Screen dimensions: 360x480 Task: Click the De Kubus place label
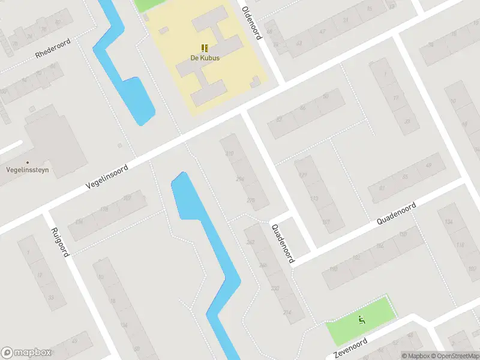(205, 58)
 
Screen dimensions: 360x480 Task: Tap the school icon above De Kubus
(205, 47)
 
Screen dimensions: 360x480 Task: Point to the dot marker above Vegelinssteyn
(27, 162)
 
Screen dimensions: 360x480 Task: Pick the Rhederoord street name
(53, 47)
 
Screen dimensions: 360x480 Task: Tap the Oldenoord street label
(251, 23)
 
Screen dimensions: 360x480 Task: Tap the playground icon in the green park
(361, 319)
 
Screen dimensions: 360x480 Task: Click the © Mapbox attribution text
(416, 356)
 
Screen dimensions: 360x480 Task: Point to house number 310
(229, 154)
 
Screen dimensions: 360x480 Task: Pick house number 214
(287, 313)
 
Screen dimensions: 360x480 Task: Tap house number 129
(303, 175)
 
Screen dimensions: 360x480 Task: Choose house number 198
(333, 269)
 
